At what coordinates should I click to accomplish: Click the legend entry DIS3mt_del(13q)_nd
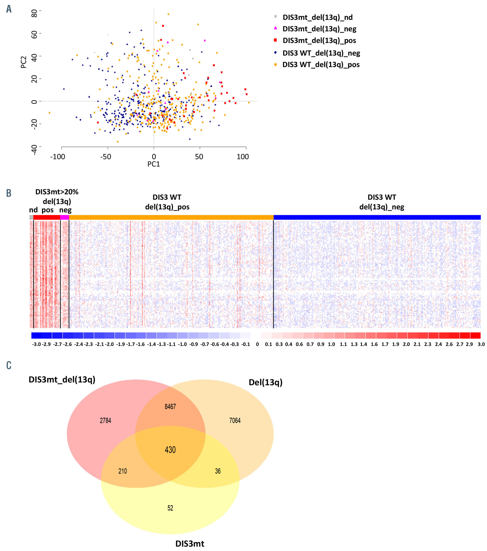coord(317,17)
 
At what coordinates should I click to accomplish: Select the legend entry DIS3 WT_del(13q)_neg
coord(321,53)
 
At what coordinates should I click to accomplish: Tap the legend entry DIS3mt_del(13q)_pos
coord(319,41)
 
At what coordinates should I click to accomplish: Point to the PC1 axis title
coord(153,164)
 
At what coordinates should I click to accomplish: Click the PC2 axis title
coord(24,62)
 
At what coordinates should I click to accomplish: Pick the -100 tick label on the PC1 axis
coord(58,157)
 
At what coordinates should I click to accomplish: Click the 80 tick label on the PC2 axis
coord(34,13)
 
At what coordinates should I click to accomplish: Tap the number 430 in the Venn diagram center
coord(170,450)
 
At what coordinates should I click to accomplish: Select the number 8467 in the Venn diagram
coord(170,407)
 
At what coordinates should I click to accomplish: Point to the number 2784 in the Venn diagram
coord(105,421)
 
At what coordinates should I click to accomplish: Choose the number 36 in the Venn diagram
coord(218,471)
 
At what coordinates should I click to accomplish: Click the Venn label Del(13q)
coord(265,382)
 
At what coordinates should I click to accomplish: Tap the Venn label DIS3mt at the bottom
coord(190,543)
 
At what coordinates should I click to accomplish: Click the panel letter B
coord(9,193)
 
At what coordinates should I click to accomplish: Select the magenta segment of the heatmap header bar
coord(65,217)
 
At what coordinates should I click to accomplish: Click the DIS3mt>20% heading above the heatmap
coord(57,192)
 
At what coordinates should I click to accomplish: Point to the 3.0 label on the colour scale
coord(481,344)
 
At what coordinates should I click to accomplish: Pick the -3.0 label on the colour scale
coord(36,344)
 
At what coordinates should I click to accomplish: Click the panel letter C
coord(9,365)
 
